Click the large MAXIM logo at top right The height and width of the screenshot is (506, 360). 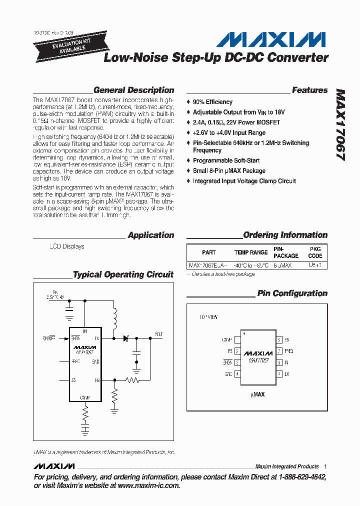point(273,39)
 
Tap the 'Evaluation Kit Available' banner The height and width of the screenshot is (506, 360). point(62,44)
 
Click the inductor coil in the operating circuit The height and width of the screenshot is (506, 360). point(114,318)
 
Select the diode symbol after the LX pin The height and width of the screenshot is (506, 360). point(126,338)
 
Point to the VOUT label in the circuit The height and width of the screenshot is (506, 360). point(158,333)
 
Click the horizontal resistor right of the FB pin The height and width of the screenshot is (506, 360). point(132,380)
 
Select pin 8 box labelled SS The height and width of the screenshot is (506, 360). point(279,340)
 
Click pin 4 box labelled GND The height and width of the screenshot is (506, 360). point(237,374)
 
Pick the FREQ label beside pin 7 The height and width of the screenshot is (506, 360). point(289,351)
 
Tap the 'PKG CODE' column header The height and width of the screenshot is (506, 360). point(315,252)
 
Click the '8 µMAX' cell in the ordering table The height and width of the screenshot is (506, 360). point(282,265)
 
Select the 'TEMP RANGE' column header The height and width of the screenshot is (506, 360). point(251,252)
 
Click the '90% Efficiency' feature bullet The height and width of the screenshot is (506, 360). point(212,102)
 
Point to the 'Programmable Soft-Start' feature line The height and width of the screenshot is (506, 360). point(226,160)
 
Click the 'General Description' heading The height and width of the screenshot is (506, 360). point(133,90)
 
